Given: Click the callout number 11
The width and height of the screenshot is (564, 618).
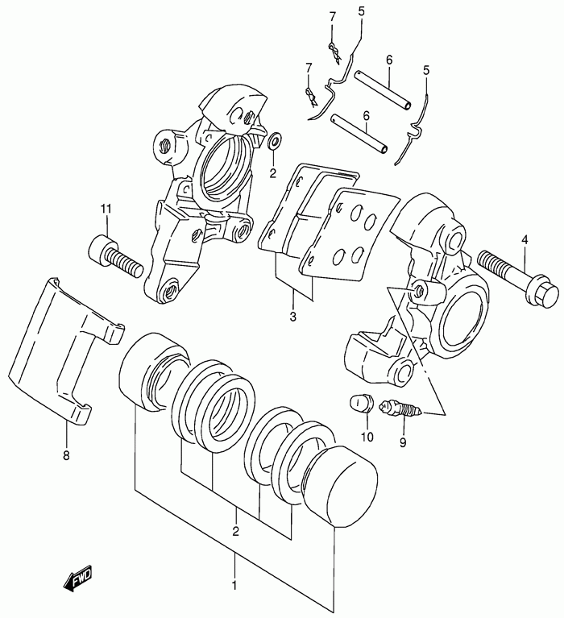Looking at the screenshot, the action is coord(106,209).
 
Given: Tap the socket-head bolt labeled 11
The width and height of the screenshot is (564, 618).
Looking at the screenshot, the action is coord(115,256).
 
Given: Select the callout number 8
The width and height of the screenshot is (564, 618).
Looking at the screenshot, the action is coord(66,455).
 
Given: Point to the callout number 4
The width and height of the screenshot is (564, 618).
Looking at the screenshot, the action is coord(525,239).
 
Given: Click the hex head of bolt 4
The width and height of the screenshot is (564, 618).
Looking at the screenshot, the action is coord(544,291).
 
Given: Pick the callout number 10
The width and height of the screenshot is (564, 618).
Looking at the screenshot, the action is coord(367,437).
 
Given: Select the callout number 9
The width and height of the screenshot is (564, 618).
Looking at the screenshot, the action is coord(403,443).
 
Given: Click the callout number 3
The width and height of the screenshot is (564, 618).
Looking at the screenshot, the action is coord(292,316).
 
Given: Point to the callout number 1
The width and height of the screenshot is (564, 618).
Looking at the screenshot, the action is coord(234,586).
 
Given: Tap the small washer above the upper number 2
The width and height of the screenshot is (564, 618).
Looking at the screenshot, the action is coord(274,141).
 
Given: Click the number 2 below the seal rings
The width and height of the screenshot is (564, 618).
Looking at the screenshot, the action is coord(236,531).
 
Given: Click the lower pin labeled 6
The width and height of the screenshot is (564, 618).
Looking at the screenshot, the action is coord(359,133).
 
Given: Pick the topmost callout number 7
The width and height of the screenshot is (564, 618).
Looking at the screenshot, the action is coord(333,17).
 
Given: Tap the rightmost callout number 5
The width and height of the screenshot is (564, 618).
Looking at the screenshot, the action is coord(426,70).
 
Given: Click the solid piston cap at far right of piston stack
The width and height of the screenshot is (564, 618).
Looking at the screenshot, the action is coord(342,487).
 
